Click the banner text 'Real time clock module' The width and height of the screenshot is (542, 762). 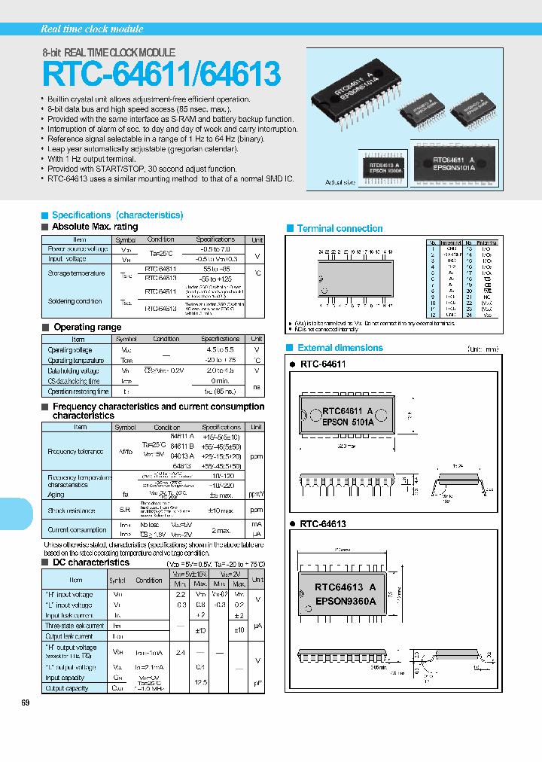(92, 29)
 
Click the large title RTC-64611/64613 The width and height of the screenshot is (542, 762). (162, 75)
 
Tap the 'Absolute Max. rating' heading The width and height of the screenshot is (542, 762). (95, 227)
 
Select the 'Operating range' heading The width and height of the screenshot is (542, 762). (88, 328)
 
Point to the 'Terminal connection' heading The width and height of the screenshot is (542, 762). (340, 228)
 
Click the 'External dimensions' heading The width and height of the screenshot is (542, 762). (340, 348)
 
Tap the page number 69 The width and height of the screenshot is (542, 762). (26, 703)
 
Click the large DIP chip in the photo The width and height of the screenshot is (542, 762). (355, 96)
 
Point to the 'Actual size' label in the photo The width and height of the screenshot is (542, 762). (340, 182)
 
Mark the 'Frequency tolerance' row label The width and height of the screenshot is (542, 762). (70, 451)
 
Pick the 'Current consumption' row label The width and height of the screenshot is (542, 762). (77, 529)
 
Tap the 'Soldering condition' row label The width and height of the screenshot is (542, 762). (75, 301)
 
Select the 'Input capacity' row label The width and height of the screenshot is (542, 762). (65, 678)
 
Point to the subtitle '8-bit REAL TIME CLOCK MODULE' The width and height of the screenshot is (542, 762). (108, 53)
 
